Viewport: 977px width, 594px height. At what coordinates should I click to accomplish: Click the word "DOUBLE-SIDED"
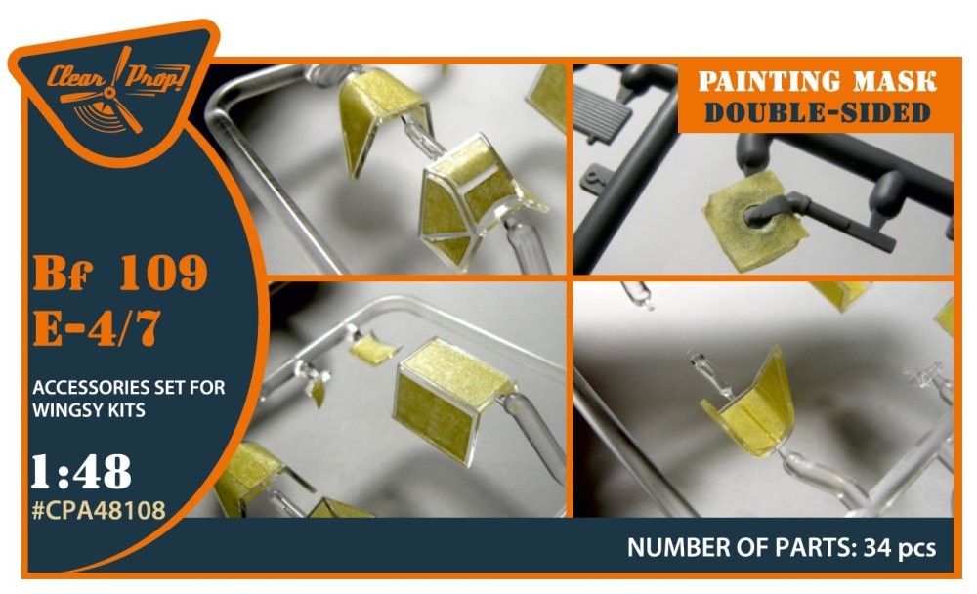(x=817, y=112)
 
